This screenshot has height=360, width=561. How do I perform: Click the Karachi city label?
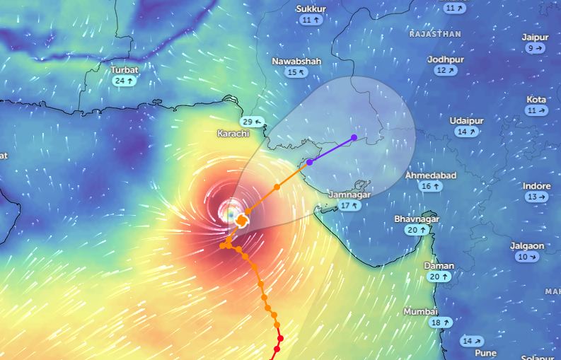[233, 133]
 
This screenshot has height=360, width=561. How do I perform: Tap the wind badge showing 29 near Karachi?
[252, 122]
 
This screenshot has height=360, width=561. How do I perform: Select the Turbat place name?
[125, 70]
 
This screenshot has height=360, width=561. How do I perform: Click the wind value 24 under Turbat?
[124, 81]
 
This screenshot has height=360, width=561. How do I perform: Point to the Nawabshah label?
[296, 62]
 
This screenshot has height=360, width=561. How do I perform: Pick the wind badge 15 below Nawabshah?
[296, 72]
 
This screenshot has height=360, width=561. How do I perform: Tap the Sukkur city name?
[311, 8]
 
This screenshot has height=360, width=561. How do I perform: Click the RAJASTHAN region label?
[435, 34]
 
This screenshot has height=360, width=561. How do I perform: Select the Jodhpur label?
[445, 59]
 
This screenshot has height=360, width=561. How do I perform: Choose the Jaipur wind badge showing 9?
[536, 48]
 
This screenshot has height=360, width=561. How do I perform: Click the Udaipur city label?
[466, 121]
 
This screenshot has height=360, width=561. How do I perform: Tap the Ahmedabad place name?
[430, 175]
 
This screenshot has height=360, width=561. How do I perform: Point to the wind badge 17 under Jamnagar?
[349, 206]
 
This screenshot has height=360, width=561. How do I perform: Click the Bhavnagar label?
[417, 219]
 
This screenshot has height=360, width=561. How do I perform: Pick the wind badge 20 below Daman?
[439, 277]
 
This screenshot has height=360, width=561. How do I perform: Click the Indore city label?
[536, 186]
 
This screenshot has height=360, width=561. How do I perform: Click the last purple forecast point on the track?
[354, 137]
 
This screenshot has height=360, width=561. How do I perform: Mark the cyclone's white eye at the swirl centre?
[229, 209]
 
